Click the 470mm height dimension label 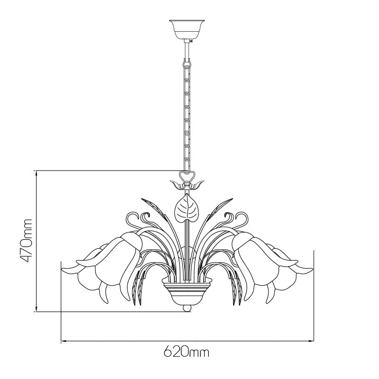click(26, 241)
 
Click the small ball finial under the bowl click(186, 308)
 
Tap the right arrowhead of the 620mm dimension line click(311, 341)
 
